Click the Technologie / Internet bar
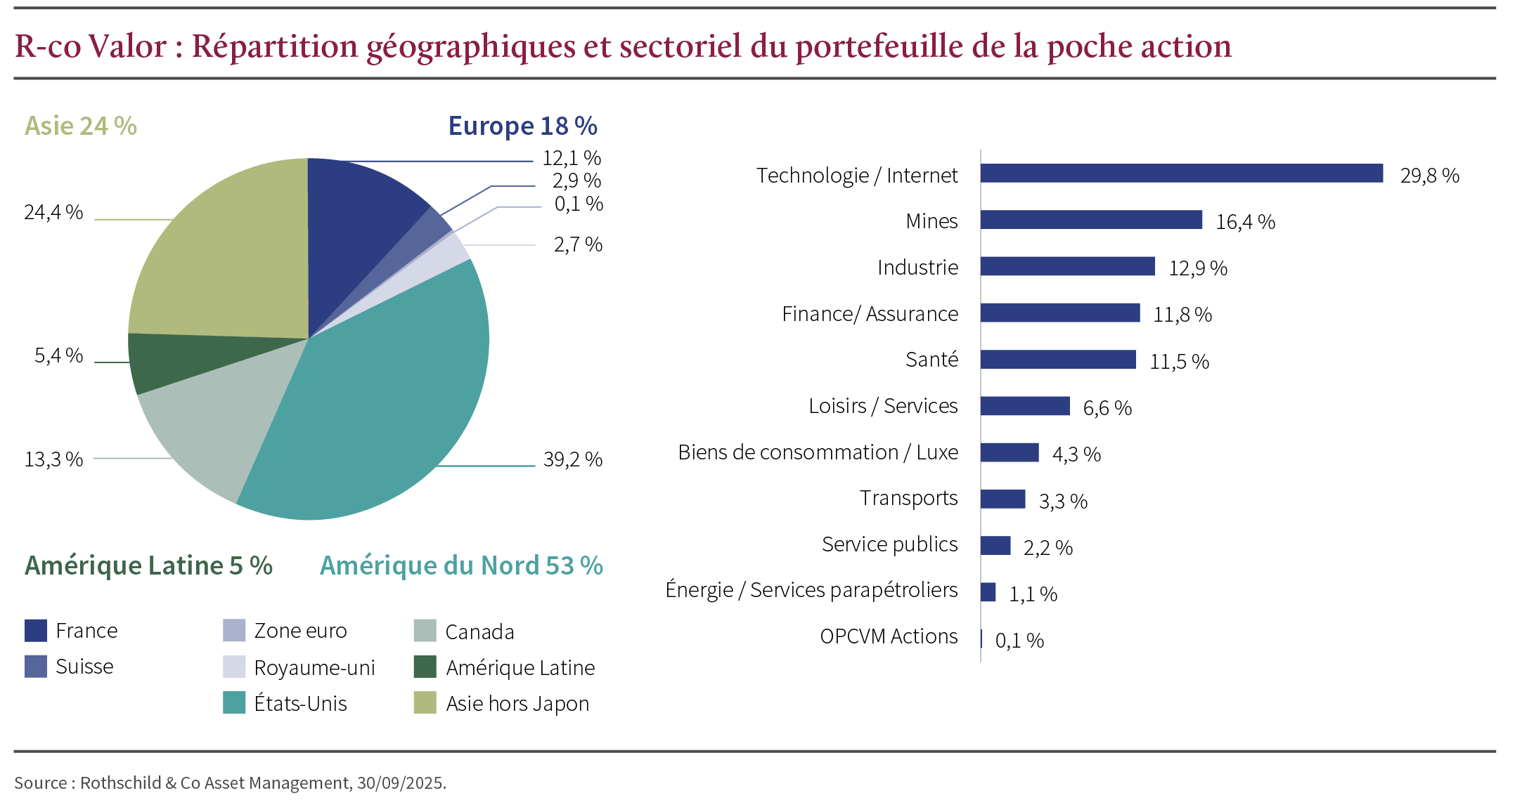point(1181,173)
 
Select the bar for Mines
point(1091,220)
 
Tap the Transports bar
point(1003,499)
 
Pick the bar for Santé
point(1058,360)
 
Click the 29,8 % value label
point(1429,176)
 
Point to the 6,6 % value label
point(1107,408)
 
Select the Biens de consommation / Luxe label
point(818,452)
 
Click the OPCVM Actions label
point(889,636)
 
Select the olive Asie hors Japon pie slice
point(225,253)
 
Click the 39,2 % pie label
point(573,459)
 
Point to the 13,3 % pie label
point(53,459)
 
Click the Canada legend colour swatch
point(425,631)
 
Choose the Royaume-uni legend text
point(314,668)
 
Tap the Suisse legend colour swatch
point(36,667)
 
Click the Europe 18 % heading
point(522,126)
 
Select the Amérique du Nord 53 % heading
point(461,565)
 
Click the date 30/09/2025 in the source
point(400,783)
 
